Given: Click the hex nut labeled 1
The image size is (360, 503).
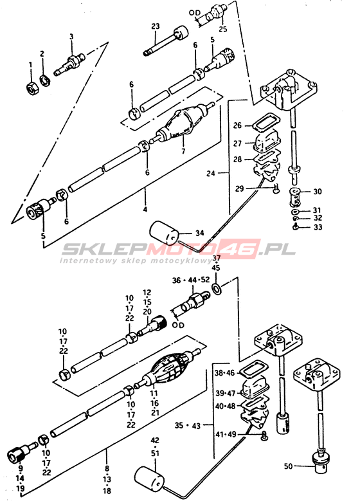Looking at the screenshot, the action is coord(32,88).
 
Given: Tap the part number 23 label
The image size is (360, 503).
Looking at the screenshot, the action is coord(156,26).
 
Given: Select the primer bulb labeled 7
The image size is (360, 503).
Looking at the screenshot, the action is coord(182,123).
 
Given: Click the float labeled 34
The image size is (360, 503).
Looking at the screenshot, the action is coord(164,233).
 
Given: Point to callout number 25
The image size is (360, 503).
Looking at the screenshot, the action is coord(223,29).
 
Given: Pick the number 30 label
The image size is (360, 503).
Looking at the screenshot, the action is coord(318,192).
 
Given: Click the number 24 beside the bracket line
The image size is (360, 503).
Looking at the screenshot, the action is coord(211,173).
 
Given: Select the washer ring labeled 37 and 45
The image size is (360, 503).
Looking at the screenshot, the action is coord(217,288).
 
